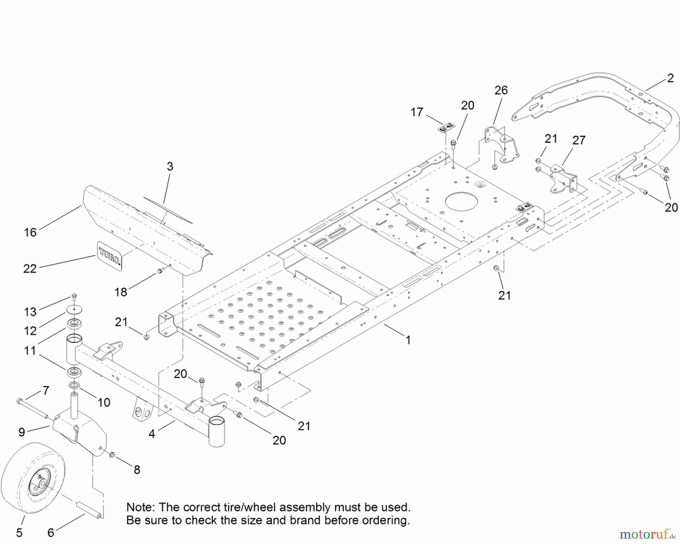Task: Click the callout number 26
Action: point(501,90)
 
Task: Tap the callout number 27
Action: point(579,140)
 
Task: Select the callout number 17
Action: point(417,112)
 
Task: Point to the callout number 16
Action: point(30,232)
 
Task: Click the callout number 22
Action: point(30,268)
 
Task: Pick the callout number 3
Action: point(170,166)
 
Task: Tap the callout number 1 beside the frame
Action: point(408,340)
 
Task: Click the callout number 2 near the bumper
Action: point(670,78)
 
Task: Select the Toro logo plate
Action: point(109,255)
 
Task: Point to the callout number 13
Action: point(30,312)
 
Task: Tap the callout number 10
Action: point(104,402)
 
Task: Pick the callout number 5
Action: point(19,533)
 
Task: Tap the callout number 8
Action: point(137,470)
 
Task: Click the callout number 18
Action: point(121,292)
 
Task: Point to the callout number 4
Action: point(151,434)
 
